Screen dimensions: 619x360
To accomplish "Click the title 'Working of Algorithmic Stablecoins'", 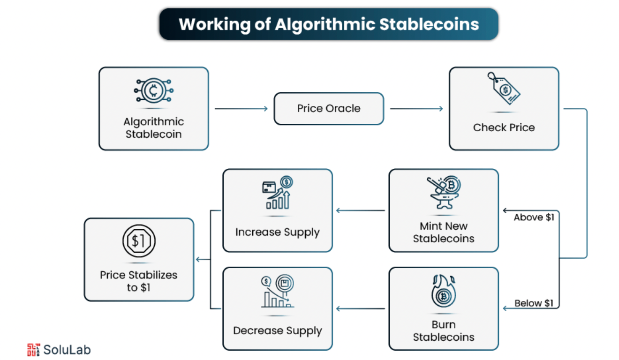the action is tap(329, 24).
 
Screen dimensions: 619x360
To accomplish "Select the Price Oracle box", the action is tap(329, 109).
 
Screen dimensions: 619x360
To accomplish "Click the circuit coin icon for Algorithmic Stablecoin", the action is tap(153, 90).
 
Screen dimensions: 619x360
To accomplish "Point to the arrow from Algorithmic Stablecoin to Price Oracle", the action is tap(241, 109).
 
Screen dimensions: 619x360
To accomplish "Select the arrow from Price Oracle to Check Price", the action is tap(416, 109).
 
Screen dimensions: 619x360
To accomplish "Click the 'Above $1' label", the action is tap(534, 217).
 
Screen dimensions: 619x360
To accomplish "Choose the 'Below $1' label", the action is tap(534, 303).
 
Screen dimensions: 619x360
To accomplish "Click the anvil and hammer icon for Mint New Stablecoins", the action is tap(443, 193).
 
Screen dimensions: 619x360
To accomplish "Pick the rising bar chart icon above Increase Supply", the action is tap(277, 193).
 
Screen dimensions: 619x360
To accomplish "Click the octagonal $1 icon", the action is tap(138, 241).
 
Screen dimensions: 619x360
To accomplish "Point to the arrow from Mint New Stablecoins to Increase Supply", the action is tap(361, 210).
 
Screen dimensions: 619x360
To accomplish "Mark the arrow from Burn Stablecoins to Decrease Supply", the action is tap(361, 308).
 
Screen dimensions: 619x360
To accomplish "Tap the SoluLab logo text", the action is tap(67, 350).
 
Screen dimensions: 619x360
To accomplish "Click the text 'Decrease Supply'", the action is tap(277, 331).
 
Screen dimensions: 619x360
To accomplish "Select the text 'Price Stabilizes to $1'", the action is tap(138, 281).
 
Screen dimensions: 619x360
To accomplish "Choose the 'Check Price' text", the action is tap(504, 127).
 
